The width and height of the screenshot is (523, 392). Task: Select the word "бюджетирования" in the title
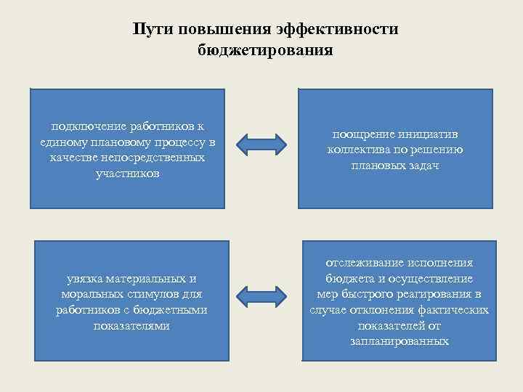[x=264, y=50]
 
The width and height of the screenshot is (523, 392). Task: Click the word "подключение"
[x=81, y=126]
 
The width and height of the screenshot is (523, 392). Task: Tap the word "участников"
[x=127, y=174]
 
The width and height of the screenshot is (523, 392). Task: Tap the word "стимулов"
[x=153, y=294]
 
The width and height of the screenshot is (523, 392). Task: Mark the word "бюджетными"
[x=174, y=310]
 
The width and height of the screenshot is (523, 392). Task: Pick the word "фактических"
[x=454, y=310]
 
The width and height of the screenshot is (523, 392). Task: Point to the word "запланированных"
[x=399, y=341]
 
